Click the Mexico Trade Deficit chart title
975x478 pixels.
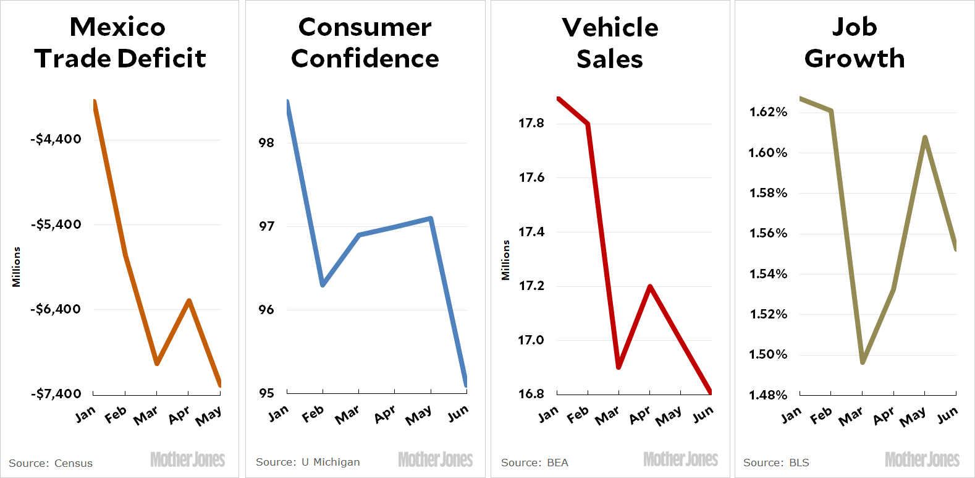point(119,43)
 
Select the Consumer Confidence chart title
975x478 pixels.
point(365,43)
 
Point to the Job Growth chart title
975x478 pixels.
point(855,43)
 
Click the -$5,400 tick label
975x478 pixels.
point(56,224)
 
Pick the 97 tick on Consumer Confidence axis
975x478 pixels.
point(266,226)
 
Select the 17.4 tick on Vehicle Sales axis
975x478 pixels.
point(531,232)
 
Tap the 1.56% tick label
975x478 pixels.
point(768,233)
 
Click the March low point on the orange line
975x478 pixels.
point(157,363)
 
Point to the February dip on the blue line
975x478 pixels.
point(323,284)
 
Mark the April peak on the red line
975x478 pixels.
point(650,286)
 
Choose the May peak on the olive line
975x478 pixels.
point(925,137)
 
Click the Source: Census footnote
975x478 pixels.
point(51,463)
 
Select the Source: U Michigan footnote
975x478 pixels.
point(308,462)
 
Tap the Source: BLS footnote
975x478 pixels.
point(776,463)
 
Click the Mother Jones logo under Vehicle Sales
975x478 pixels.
point(680,459)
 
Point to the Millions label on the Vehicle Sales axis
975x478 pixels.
point(506,260)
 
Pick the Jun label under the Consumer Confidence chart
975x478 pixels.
point(458,414)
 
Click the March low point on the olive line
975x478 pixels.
point(863,362)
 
